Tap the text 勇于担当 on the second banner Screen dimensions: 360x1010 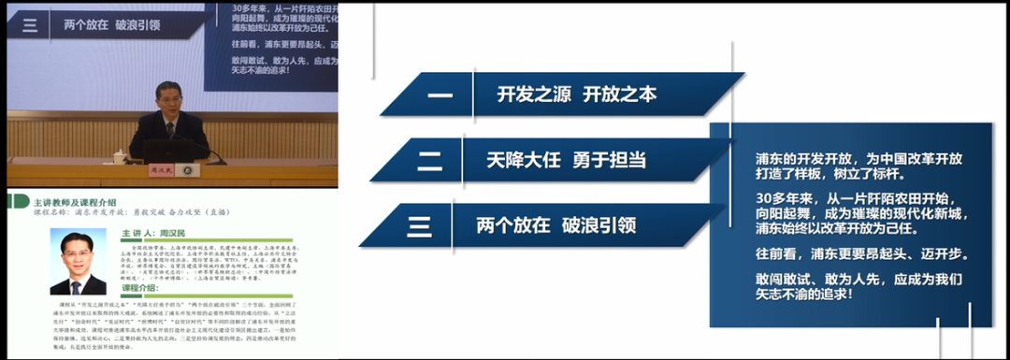pyautogui.click(x=609, y=160)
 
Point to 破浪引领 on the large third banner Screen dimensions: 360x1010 pyautogui.click(x=599, y=225)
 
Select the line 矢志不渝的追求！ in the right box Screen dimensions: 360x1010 pyautogui.click(x=804, y=295)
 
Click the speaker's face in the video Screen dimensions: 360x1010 pyautogui.click(x=166, y=100)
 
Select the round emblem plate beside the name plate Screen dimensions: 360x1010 pyautogui.click(x=188, y=171)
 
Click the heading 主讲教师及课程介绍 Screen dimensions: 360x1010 pyautogui.click(x=74, y=202)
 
